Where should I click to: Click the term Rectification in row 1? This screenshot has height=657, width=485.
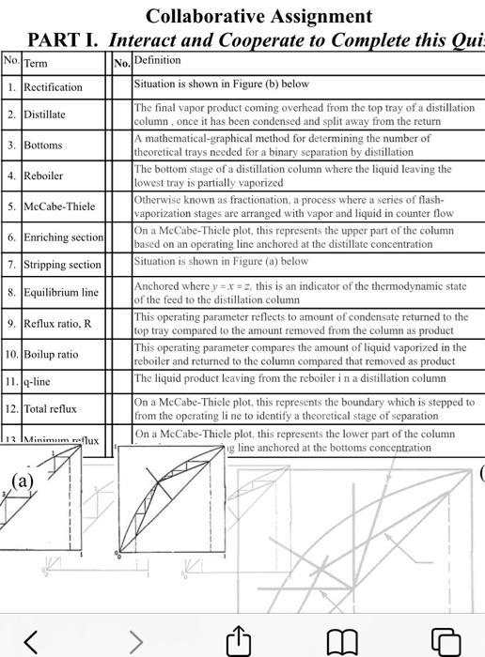pyautogui.click(x=53, y=87)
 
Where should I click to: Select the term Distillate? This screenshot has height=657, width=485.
pyautogui.click(x=50, y=115)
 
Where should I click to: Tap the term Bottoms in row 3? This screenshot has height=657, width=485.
pyautogui.click(x=43, y=145)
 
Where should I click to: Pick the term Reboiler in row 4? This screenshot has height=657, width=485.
pyautogui.click(x=43, y=176)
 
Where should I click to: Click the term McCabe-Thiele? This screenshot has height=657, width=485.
pyautogui.click(x=59, y=206)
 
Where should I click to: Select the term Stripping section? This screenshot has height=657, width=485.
pyautogui.click(x=61, y=265)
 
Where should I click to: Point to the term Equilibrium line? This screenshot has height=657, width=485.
pyautogui.click(x=61, y=293)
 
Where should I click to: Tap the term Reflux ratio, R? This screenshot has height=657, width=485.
pyautogui.click(x=57, y=324)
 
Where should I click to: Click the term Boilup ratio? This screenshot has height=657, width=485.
pyautogui.click(x=51, y=355)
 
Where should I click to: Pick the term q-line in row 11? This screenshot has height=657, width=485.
pyautogui.click(x=39, y=381)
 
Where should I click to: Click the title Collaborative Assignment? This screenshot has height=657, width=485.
pyautogui.click(x=258, y=17)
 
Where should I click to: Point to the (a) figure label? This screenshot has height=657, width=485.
pyautogui.click(x=22, y=481)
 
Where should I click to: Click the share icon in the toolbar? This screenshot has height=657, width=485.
pyautogui.click(x=241, y=640)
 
